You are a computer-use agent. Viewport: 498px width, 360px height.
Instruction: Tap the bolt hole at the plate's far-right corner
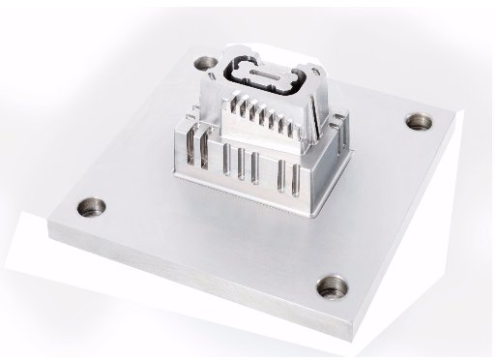point(418,122)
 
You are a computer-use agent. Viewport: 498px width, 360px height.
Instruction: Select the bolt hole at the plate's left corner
point(93,206)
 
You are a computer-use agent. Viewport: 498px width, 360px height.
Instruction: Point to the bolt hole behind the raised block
point(206,64)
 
